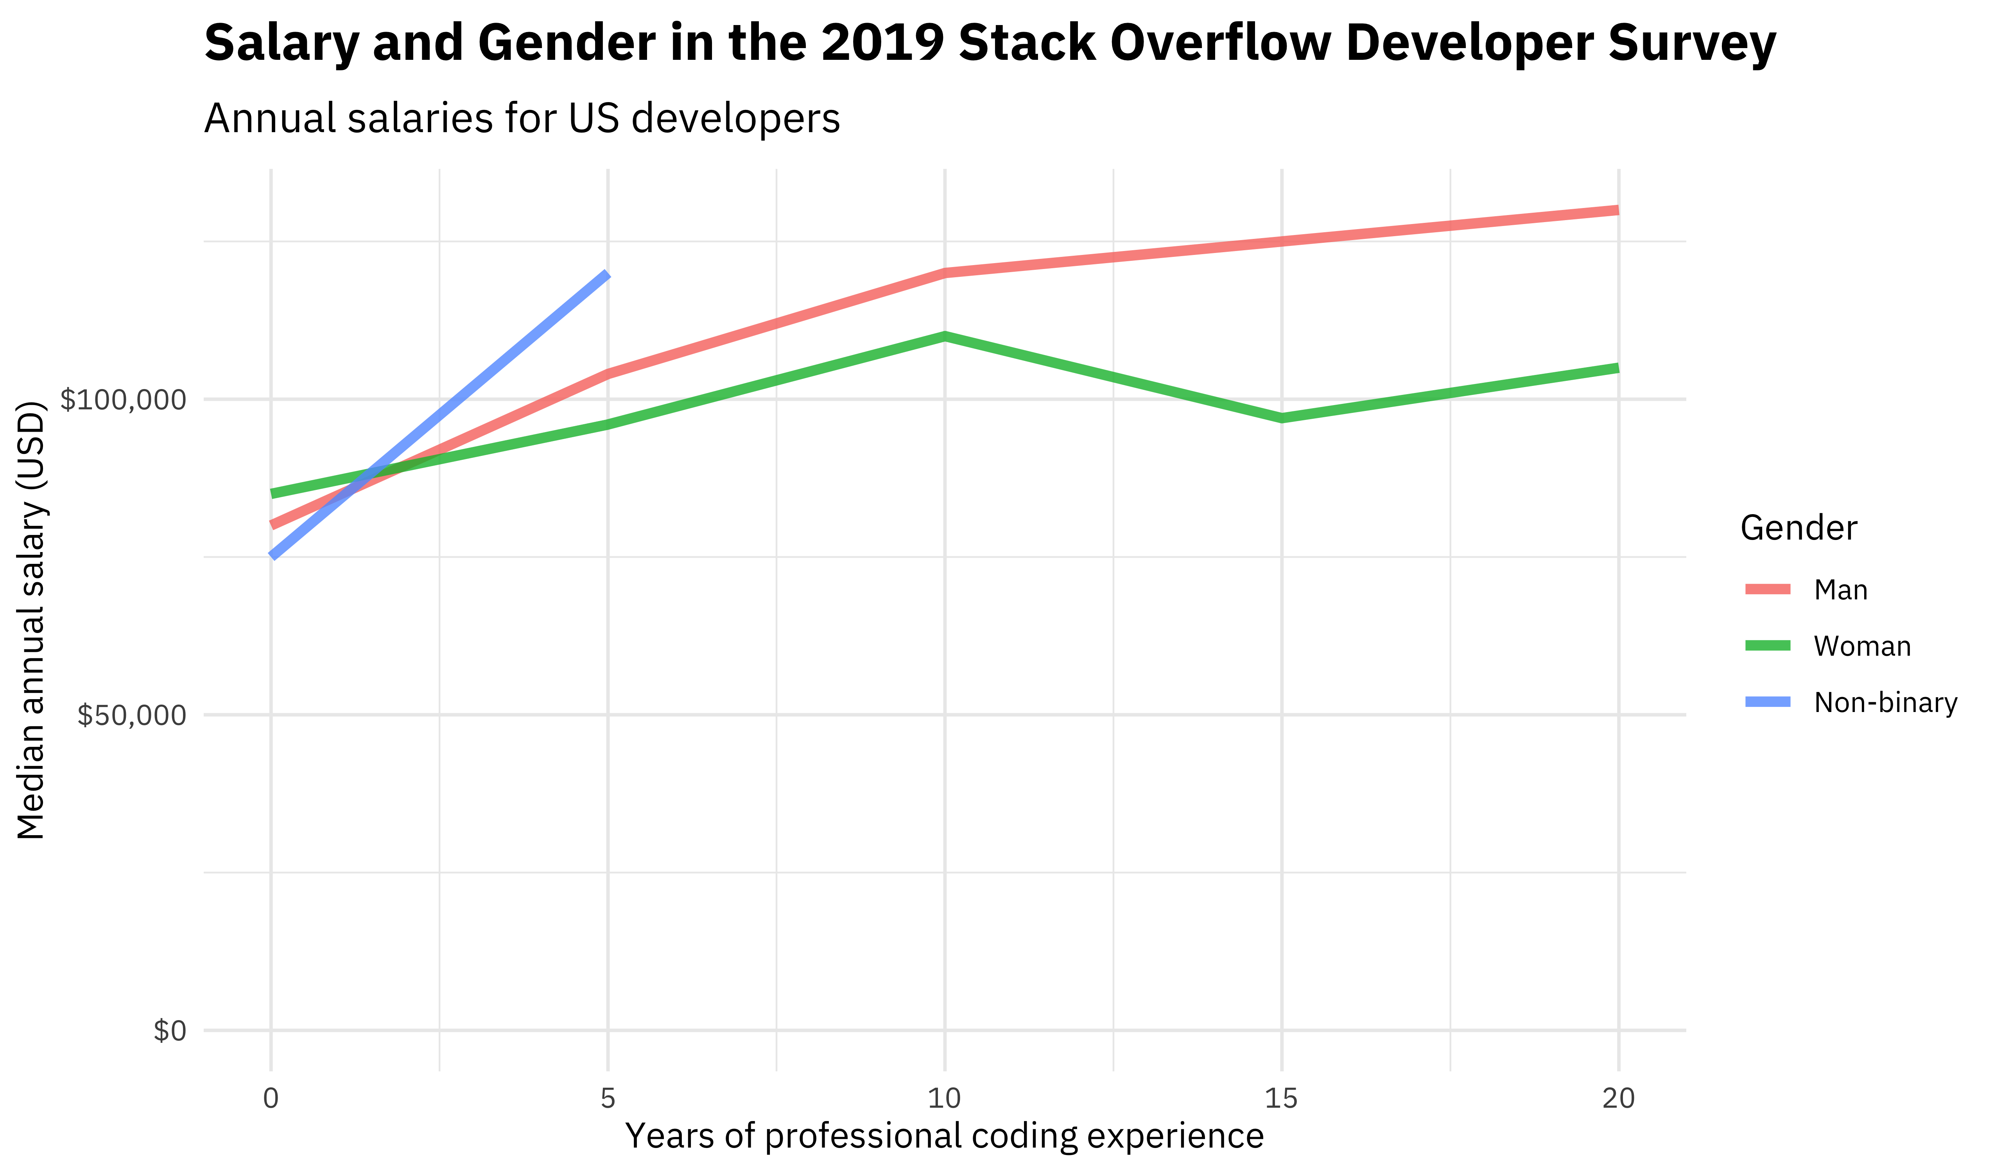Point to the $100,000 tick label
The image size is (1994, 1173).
124,400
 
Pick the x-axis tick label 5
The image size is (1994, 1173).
608,1099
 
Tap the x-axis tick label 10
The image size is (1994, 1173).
944,1099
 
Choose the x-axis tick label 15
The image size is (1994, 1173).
1281,1099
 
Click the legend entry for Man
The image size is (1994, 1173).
1840,590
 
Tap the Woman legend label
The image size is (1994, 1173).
1862,647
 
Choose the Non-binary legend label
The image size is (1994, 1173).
1885,703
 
